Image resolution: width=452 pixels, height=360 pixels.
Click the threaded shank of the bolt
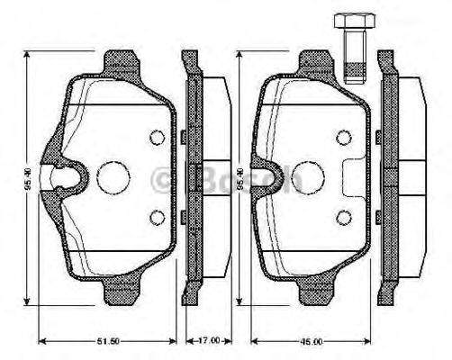pyautogui.click(x=351, y=56)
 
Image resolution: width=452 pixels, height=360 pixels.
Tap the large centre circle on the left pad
pyautogui.click(x=114, y=176)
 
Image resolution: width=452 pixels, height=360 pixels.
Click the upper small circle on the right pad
pyautogui.click(x=343, y=137)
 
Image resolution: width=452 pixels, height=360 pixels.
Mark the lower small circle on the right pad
pyautogui.click(x=343, y=216)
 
